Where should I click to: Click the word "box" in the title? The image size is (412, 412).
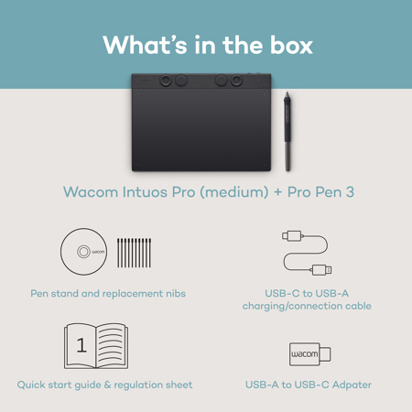286,45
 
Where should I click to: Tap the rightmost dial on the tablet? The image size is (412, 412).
236,81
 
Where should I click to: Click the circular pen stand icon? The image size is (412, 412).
84,252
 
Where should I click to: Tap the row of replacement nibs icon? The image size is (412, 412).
134,252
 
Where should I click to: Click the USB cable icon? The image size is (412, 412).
307,253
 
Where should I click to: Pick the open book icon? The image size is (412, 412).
95,346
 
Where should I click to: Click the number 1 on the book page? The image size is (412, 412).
81,346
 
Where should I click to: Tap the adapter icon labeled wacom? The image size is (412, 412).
309,352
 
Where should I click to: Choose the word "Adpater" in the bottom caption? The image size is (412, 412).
349,385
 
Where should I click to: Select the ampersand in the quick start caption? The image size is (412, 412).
103,385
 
